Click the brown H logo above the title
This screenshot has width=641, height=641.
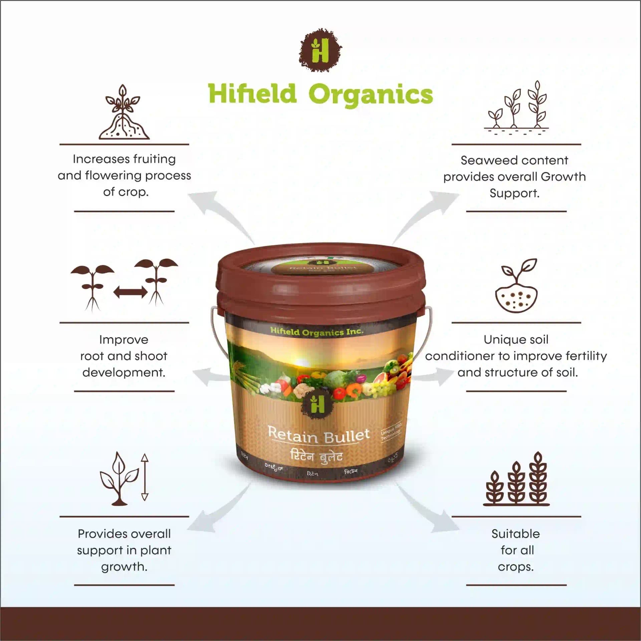[x=320, y=50]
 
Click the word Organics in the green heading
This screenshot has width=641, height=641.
[x=370, y=94]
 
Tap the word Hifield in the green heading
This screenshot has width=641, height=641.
[x=252, y=93]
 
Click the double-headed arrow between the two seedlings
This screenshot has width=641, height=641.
[x=131, y=292]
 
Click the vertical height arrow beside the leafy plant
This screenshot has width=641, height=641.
[x=145, y=477]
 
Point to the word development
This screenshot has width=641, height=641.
[x=124, y=373]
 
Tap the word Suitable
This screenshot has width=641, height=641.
[x=515, y=534]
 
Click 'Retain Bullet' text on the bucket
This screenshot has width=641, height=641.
[x=319, y=435]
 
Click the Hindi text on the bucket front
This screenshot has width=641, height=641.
[x=316, y=456]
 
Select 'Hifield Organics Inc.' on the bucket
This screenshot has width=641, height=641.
[x=316, y=332]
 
